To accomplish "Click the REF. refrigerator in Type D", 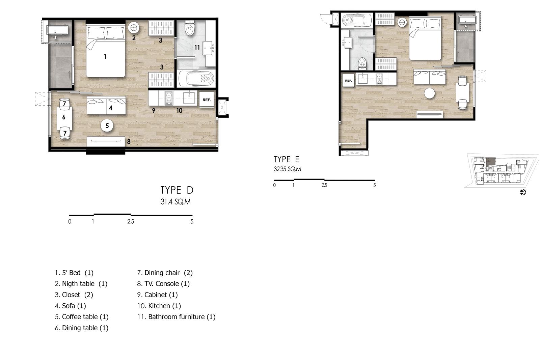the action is point(207,99).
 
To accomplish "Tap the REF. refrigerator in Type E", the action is point(348,81).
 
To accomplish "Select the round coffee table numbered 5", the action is point(107,126).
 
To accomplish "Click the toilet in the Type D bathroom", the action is point(190,28).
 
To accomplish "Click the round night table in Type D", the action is point(134,28).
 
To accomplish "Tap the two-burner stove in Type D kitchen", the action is point(169,98).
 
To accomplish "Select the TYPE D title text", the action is point(177,190).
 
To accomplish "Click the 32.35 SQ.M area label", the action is point(287,169).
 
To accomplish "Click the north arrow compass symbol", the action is point(523,192).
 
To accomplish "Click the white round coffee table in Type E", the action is point(429,93).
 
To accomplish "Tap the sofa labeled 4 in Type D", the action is point(106,105).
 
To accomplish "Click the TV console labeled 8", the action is point(106,141).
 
